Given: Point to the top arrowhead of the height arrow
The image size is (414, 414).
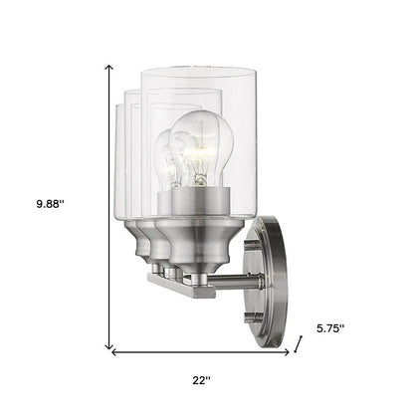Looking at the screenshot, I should click(108, 66).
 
